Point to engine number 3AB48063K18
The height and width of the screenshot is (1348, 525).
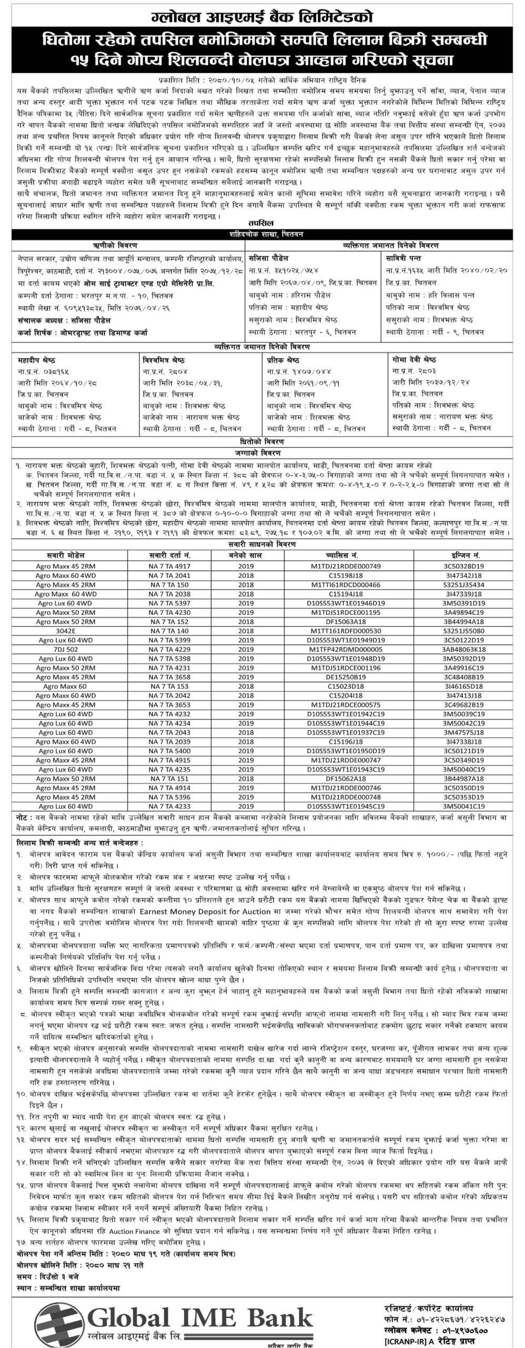click(x=463, y=649)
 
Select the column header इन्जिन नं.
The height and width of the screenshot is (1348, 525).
click(x=463, y=556)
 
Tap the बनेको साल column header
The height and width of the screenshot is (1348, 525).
click(x=246, y=556)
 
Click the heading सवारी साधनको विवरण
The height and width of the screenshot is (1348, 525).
click(x=261, y=546)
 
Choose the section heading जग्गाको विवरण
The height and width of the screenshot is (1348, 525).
click(x=261, y=453)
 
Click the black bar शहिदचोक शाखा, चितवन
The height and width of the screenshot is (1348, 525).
click(x=261, y=235)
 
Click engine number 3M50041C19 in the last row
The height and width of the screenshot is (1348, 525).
click(x=463, y=806)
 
